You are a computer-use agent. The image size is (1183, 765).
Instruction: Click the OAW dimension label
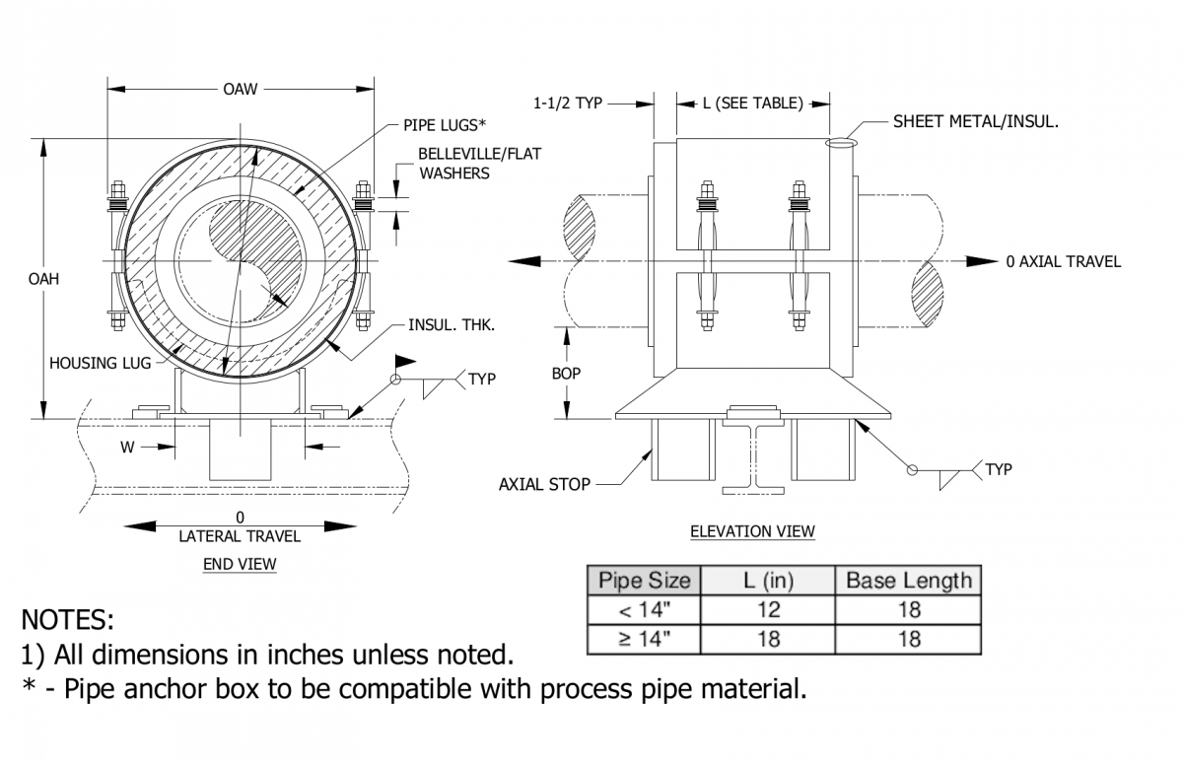(240, 90)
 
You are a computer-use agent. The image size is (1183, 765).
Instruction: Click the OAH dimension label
(43, 279)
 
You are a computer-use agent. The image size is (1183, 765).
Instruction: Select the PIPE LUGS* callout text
(445, 125)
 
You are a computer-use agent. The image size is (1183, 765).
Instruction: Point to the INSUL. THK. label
(452, 324)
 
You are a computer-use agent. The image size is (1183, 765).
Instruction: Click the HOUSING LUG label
(101, 364)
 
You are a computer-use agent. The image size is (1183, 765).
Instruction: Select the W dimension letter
(127, 447)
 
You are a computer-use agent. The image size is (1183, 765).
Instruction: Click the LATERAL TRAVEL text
(240, 536)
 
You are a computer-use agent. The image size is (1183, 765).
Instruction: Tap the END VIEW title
(240, 564)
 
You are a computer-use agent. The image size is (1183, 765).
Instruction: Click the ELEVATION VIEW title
(752, 531)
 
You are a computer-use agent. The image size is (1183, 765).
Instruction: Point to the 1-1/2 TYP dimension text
(568, 103)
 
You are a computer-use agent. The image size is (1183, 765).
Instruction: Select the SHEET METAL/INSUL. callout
(975, 122)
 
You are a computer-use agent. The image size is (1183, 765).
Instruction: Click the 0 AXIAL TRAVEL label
(1063, 261)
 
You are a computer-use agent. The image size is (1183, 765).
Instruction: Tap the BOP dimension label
(566, 375)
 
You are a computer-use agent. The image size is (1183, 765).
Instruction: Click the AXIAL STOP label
(544, 484)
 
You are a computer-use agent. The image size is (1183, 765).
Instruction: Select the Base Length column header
(908, 581)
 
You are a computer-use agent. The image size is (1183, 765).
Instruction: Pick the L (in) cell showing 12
(767, 610)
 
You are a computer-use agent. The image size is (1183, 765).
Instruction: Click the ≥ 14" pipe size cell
(645, 639)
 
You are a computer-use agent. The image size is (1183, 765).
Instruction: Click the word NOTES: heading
(68, 621)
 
